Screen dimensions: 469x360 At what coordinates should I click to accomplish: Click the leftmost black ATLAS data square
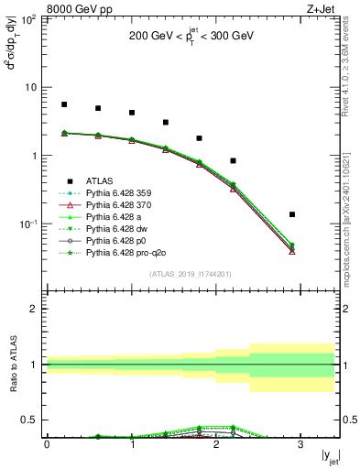(64, 104)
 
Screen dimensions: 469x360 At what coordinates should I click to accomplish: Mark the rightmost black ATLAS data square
(292, 214)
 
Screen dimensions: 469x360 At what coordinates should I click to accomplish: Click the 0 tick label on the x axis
(47, 445)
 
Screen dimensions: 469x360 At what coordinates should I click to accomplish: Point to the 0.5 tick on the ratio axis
(34, 420)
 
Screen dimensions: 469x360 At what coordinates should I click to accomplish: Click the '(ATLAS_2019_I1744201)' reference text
(191, 274)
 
